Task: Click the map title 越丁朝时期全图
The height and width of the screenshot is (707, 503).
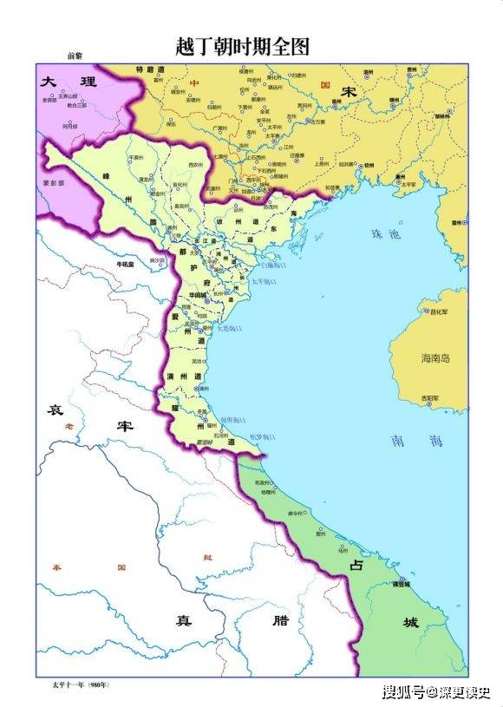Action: click(x=242, y=45)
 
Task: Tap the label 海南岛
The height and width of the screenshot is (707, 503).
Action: click(x=436, y=358)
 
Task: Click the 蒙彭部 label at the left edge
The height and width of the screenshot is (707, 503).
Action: click(x=53, y=184)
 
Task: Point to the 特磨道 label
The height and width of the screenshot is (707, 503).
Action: click(x=150, y=69)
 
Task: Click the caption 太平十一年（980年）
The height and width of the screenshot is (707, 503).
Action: click(x=79, y=685)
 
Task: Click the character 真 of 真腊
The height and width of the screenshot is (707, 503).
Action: click(x=183, y=619)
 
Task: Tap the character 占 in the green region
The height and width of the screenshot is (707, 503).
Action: click(x=356, y=565)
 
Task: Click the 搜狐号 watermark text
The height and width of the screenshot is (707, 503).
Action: click(x=404, y=692)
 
